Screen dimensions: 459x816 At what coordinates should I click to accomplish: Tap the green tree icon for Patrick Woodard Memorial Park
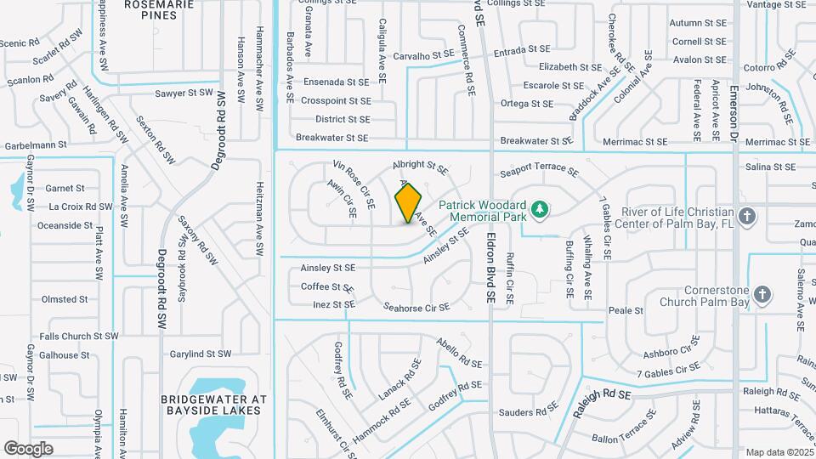[x=538, y=209]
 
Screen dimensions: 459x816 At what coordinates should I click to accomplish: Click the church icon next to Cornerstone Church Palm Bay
[x=762, y=295]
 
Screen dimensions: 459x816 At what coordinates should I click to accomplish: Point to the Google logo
[x=28, y=448]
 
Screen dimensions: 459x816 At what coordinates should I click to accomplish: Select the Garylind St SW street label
[x=201, y=354]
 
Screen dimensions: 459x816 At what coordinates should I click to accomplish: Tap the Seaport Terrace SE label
[x=539, y=169]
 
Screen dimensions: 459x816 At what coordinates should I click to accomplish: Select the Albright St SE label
[x=419, y=164]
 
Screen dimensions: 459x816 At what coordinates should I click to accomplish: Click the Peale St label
[x=626, y=311]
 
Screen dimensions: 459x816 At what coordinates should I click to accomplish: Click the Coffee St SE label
[x=327, y=287]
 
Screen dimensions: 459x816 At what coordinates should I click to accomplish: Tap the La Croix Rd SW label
[x=81, y=207]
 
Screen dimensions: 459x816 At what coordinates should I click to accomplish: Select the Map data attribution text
[x=777, y=451]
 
